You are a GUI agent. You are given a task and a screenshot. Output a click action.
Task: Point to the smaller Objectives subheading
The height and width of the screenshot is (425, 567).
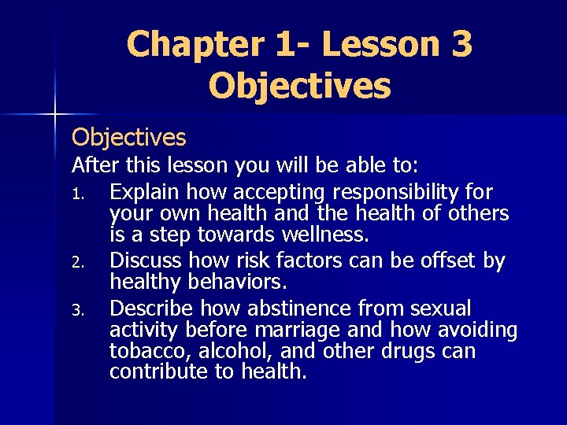(x=128, y=138)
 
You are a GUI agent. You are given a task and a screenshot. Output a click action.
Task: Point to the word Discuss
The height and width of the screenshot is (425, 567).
(x=146, y=261)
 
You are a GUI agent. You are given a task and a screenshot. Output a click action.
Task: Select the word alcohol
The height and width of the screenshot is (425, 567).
(x=223, y=350)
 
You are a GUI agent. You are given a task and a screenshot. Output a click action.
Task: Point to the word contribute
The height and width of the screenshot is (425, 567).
(x=154, y=371)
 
